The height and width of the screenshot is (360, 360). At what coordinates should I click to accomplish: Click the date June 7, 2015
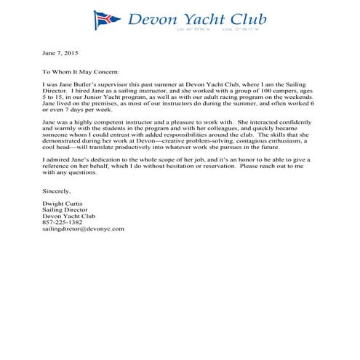tap(58, 53)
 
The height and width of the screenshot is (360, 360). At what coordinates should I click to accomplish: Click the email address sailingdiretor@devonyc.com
tap(84, 228)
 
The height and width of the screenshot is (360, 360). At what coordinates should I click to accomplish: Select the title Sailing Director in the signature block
tap(64, 209)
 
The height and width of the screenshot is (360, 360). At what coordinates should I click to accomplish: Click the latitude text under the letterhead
tap(191, 30)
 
